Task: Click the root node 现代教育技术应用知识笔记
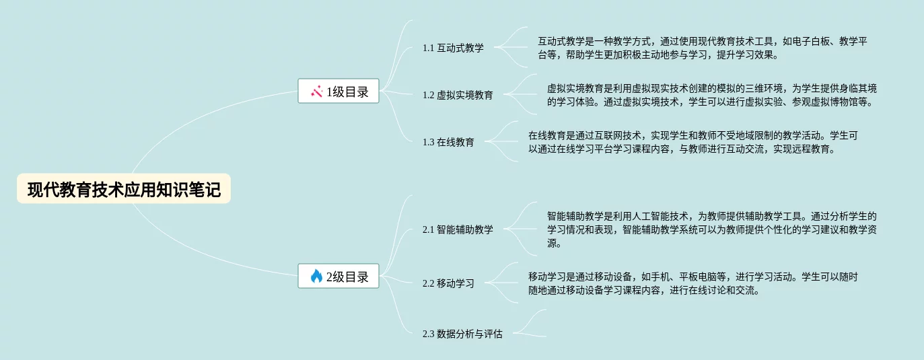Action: tap(124, 189)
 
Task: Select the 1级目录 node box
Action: tap(339, 92)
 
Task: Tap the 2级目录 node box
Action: tap(339, 276)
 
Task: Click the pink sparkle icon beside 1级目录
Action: tap(317, 92)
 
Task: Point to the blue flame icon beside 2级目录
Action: tap(316, 276)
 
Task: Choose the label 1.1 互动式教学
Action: tap(453, 48)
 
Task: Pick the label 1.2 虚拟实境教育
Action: tap(458, 95)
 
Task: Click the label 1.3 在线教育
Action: tap(448, 142)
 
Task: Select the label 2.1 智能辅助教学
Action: tap(458, 229)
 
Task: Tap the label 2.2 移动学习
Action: tap(448, 283)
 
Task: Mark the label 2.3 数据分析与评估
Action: tap(462, 333)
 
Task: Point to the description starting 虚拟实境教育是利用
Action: tap(711, 95)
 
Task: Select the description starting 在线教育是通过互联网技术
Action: tap(693, 142)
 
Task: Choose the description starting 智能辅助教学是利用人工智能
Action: tap(711, 229)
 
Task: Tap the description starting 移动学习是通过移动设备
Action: tap(693, 283)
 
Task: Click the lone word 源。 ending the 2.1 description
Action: tap(555, 243)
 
